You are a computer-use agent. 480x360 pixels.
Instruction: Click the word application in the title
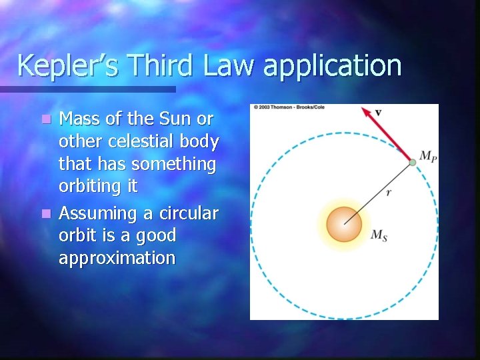333,67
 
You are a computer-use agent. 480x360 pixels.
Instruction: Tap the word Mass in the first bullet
78,119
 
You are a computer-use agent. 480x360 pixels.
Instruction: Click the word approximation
117,259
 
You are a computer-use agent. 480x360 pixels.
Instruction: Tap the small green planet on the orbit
413,162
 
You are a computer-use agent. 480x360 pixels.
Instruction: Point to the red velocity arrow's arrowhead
366,111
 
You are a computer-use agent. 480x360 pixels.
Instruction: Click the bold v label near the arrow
378,112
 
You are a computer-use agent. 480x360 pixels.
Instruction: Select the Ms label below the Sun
378,235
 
